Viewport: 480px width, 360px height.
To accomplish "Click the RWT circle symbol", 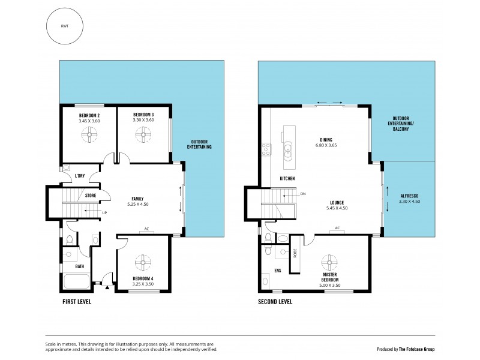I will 64,27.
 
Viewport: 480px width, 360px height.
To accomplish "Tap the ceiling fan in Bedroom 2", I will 89,137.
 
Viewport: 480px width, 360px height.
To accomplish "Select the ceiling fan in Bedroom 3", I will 143,137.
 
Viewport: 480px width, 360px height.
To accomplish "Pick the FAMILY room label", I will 137,199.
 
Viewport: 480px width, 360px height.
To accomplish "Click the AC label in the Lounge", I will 337,228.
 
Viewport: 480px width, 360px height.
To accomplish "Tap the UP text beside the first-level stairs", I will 105,212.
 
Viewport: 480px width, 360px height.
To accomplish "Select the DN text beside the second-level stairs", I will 303,194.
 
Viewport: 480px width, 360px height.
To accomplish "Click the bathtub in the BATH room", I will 76,282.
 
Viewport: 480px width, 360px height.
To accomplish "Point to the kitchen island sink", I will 287,148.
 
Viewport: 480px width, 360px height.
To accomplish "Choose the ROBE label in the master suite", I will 295,253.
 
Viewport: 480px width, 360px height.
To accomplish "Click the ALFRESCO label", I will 410,196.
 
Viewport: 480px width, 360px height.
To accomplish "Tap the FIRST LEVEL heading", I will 76,302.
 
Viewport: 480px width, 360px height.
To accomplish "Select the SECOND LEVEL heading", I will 275,302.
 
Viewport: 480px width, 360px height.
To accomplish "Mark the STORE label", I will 91,195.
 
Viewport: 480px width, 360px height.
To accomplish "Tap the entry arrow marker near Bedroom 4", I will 107,289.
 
